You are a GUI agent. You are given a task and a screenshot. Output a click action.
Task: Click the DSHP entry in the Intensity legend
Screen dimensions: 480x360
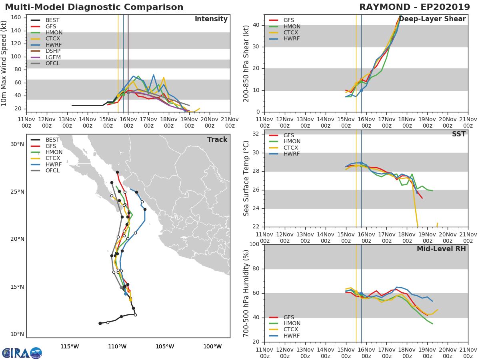[46, 51]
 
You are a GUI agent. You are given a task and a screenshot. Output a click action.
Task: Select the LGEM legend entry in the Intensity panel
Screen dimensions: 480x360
[46, 57]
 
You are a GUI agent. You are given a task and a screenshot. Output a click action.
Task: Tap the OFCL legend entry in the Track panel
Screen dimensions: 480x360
[46, 170]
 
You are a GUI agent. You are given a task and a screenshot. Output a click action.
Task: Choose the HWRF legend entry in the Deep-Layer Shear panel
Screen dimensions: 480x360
[284, 38]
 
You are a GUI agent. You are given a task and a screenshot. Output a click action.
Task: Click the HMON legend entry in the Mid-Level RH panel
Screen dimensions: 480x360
[285, 323]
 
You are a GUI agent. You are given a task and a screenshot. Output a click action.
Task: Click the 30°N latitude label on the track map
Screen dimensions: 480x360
[17, 144]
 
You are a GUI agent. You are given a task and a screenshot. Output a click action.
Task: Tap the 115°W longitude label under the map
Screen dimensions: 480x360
[70, 346]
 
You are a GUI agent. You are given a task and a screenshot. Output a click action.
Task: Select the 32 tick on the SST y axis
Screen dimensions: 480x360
[256, 134]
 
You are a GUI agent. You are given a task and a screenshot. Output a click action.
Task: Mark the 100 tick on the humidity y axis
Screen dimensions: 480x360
[254, 244]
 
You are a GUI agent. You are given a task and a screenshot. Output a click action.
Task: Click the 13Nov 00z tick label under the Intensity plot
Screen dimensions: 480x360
[67, 122]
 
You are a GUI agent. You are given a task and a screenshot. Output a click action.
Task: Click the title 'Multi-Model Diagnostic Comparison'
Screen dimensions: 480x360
[94, 7]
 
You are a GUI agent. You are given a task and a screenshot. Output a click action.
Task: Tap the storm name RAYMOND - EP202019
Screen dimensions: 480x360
[415, 7]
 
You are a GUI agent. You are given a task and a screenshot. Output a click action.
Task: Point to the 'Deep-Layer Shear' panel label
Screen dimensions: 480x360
[432, 19]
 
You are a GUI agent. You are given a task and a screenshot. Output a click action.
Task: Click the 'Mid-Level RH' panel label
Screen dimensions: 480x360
[441, 249]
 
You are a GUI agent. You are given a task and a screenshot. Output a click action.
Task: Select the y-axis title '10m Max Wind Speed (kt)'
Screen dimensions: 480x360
[4, 63]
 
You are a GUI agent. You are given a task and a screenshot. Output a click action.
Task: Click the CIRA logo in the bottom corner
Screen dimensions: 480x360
[22, 353]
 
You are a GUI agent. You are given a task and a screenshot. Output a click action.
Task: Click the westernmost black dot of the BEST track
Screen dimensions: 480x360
[100, 323]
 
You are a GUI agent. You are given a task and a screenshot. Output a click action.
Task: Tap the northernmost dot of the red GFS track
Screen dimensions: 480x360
[118, 172]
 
